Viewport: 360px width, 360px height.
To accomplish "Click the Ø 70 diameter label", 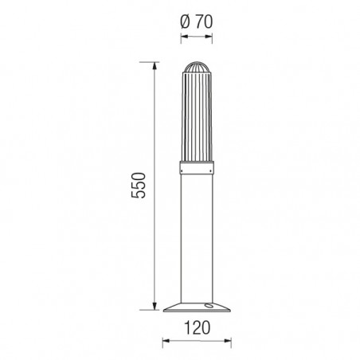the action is click(197, 22).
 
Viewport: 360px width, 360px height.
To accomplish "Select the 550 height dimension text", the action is click(139, 186).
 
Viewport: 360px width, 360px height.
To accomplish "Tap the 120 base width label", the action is click(197, 327).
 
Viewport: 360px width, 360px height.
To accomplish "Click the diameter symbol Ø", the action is click(185, 22).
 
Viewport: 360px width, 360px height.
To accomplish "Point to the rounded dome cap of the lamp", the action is click(197, 67).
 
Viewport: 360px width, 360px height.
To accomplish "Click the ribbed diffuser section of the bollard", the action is click(197, 116).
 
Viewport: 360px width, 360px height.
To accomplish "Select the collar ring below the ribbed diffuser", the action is click(197, 167).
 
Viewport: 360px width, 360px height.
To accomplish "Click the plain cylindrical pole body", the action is click(197, 238).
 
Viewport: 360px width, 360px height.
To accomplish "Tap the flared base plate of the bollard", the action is click(197, 307).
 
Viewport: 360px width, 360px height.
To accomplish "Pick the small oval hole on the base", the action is click(209, 306).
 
